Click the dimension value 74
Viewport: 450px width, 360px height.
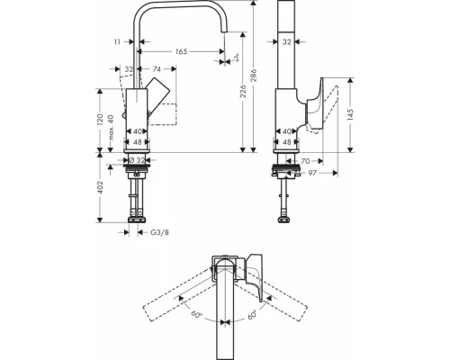coord(157,68)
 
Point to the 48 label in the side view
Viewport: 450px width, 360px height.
coord(287,141)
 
